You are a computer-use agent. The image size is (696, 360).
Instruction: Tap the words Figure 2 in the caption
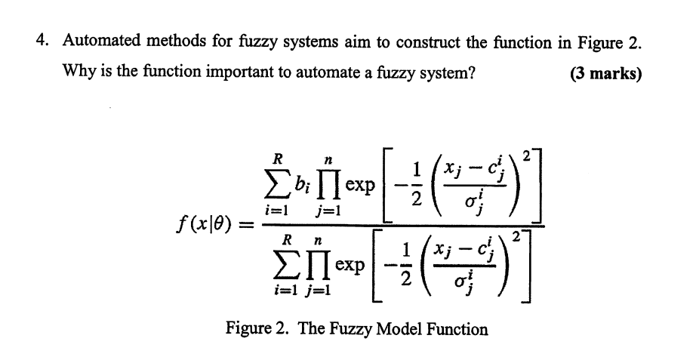253,329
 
